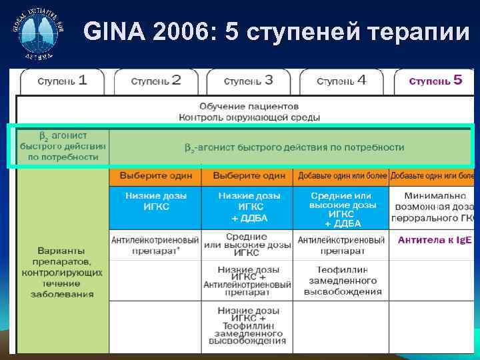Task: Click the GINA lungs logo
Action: (x=38, y=33)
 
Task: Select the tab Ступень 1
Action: (x=62, y=81)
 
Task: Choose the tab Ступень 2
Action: (x=156, y=81)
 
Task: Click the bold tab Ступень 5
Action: (x=435, y=81)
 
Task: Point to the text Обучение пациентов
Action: (x=249, y=106)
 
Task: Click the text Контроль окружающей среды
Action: (x=249, y=117)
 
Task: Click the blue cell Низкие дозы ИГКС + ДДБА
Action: (x=249, y=207)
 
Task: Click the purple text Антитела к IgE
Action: (x=435, y=239)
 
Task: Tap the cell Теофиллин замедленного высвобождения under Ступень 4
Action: (x=341, y=281)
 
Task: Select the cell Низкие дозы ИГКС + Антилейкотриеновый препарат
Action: (x=249, y=280)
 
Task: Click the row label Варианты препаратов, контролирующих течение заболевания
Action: (x=62, y=273)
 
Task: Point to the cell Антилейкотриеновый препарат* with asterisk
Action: (x=156, y=245)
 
